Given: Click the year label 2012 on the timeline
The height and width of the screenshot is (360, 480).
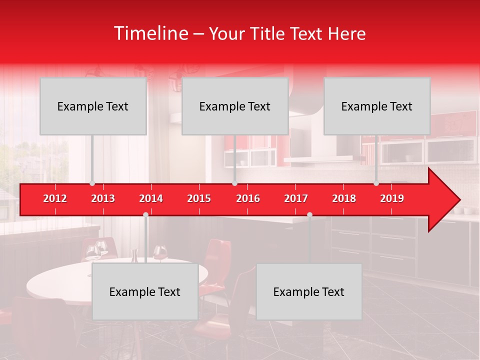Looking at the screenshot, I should [55, 198].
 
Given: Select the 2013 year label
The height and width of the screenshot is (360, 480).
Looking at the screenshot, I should [103, 198].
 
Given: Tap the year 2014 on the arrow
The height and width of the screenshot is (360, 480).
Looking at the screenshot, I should [151, 198].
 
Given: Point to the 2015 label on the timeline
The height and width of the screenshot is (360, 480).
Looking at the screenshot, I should [199, 198].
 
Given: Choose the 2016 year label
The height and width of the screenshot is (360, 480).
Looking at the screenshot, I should [248, 198].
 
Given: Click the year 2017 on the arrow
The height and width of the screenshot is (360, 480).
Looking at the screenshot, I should [296, 198].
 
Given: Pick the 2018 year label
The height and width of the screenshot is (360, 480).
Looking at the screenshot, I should [344, 198].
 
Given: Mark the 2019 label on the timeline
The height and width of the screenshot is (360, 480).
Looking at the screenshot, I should [392, 198].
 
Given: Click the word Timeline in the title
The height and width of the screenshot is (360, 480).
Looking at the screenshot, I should [151, 33].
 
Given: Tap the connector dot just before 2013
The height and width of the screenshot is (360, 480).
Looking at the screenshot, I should [92, 183].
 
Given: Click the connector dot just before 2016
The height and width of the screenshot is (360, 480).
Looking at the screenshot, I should [234, 183].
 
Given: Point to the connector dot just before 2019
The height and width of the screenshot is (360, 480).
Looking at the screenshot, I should [376, 183].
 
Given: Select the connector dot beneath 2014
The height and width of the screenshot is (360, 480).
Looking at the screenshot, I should [145, 215].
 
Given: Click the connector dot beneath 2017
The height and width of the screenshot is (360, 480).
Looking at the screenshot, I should [309, 215].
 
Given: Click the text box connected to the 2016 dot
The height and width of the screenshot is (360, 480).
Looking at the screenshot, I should [235, 106].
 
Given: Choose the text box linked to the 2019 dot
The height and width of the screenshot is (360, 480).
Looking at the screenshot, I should [377, 106].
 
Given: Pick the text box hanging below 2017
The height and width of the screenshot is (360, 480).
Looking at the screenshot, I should [309, 291].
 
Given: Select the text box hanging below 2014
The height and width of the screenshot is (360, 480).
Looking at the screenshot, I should [145, 291].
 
